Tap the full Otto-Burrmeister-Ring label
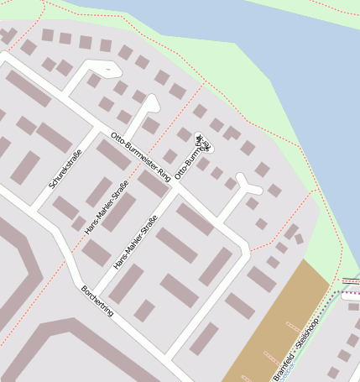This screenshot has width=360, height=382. [141, 157]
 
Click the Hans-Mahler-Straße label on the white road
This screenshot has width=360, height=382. [136, 242]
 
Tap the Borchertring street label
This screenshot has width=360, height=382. [97, 301]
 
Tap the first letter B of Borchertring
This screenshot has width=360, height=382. [83, 288]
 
